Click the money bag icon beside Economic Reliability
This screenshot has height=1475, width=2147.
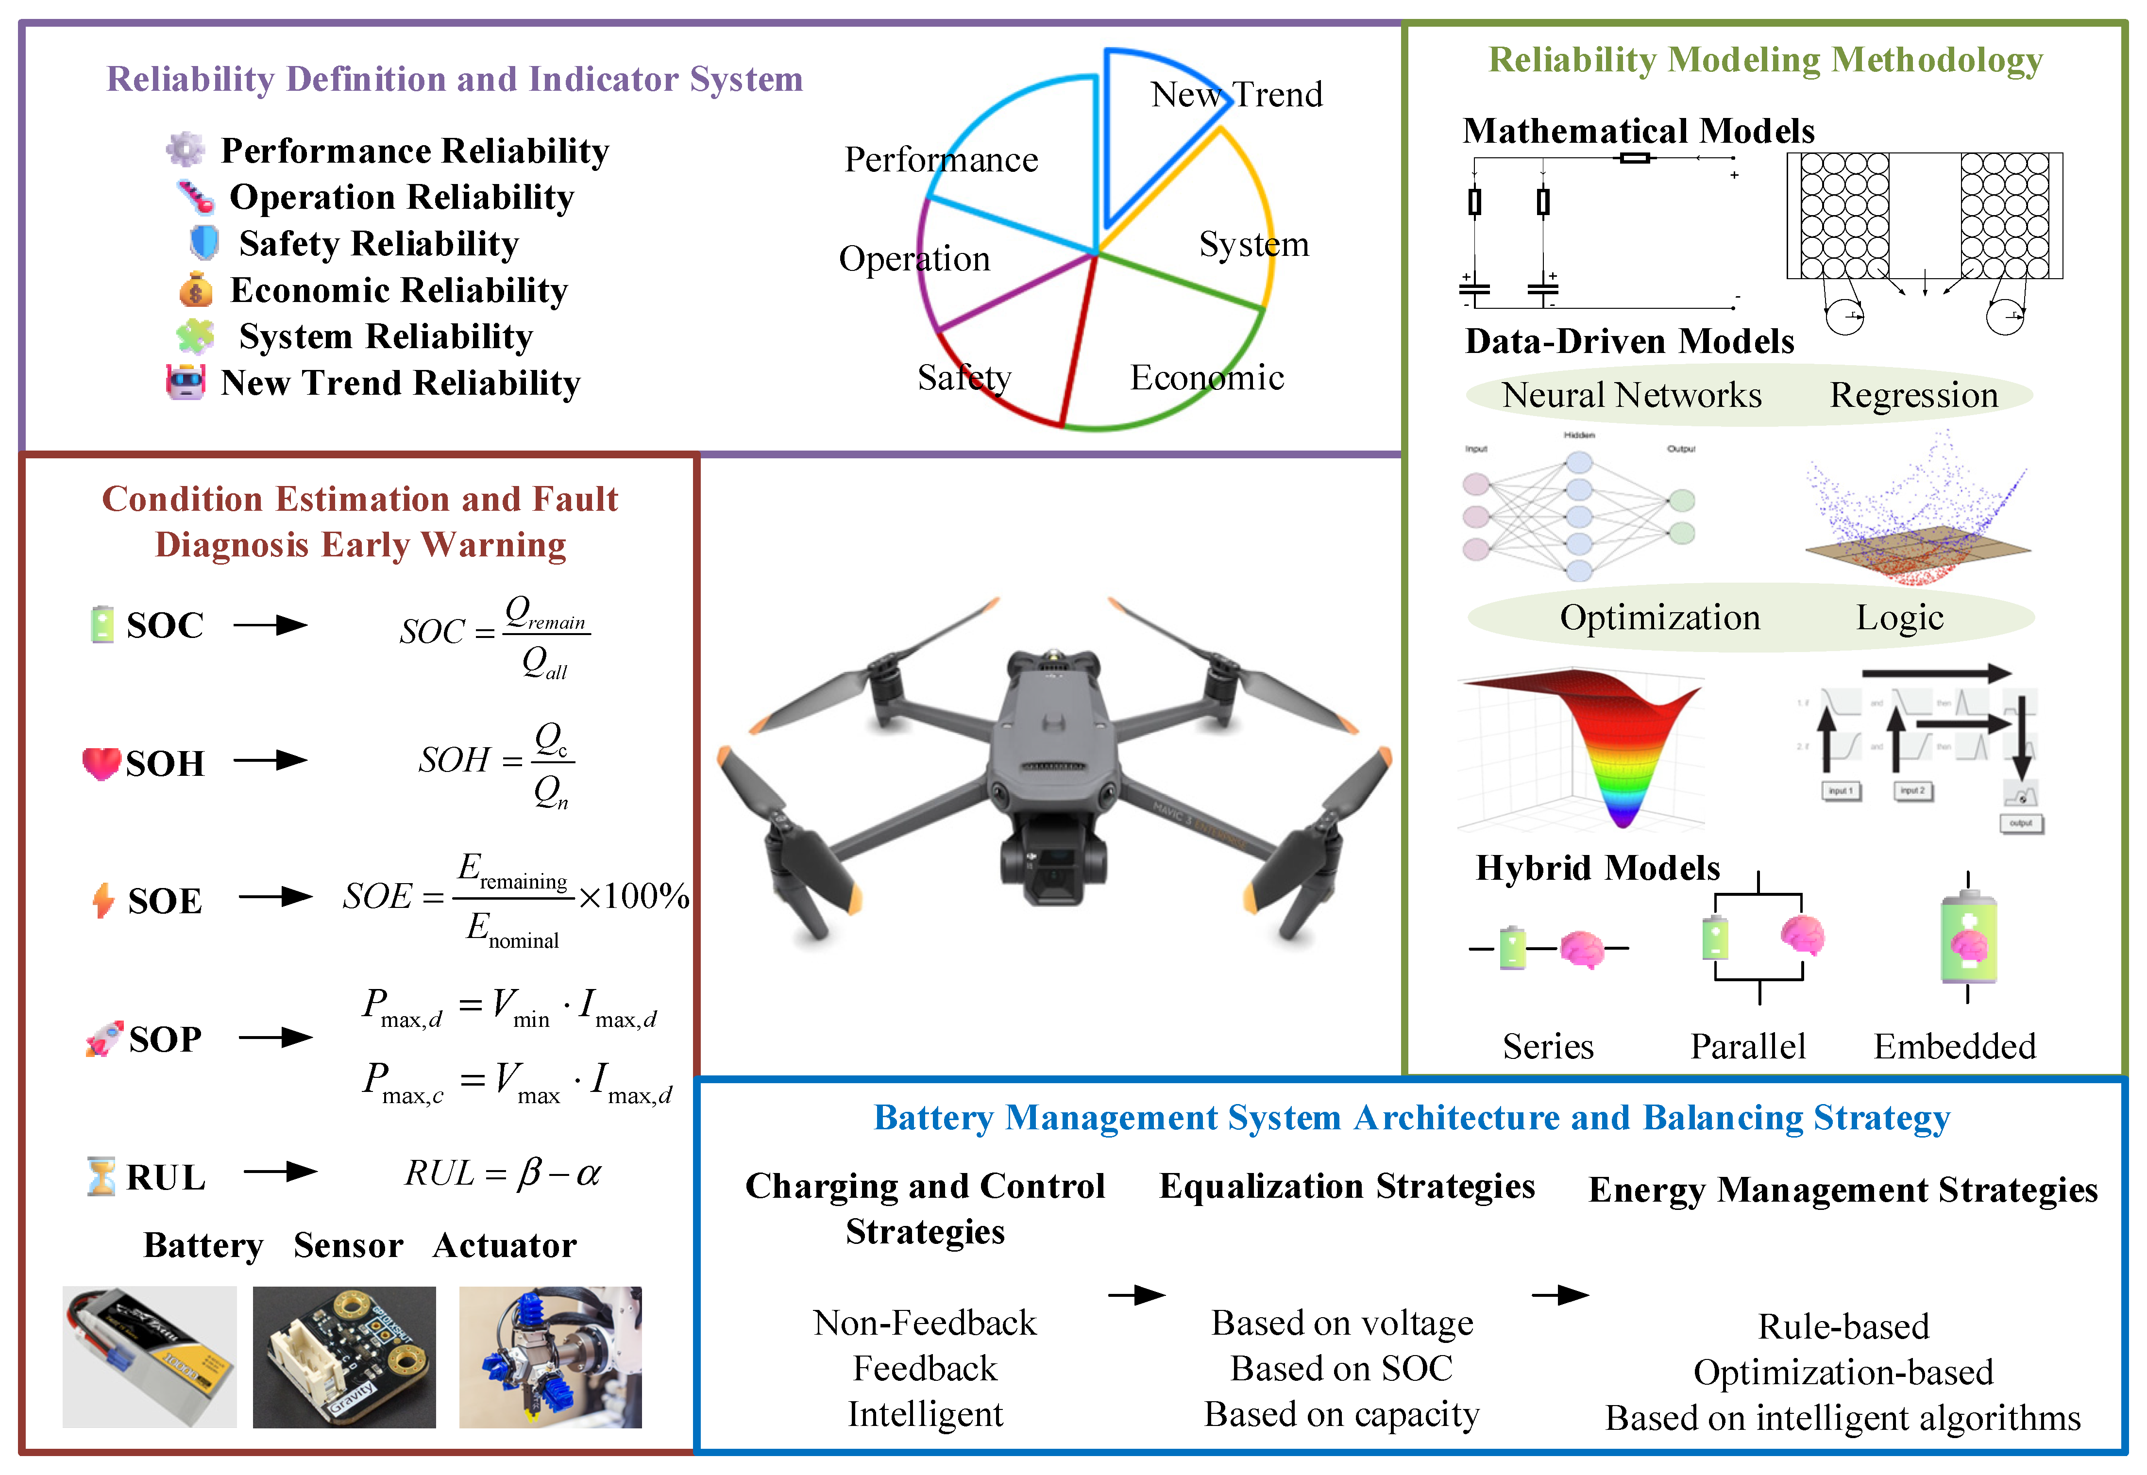[x=195, y=290]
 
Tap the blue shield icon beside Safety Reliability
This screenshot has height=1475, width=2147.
[x=204, y=243]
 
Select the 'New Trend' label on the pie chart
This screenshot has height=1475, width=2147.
[x=1236, y=94]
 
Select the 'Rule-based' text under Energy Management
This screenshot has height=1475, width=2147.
[x=1843, y=1327]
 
